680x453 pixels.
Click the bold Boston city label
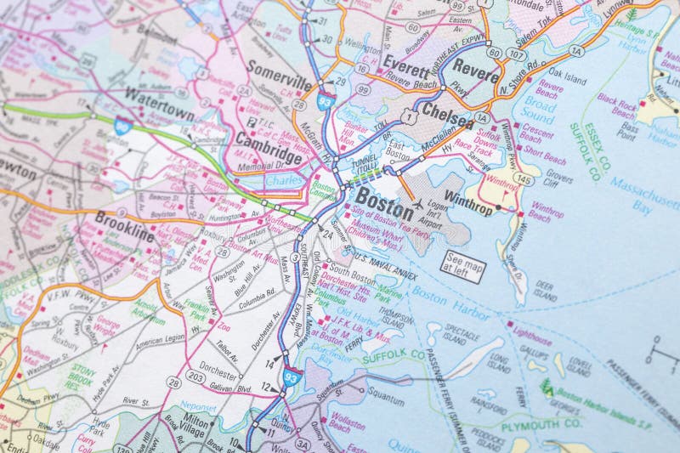[x=384, y=198]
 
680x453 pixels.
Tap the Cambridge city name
[x=269, y=148]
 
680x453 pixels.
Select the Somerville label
[x=280, y=71]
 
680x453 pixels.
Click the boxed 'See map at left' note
[x=463, y=266]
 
